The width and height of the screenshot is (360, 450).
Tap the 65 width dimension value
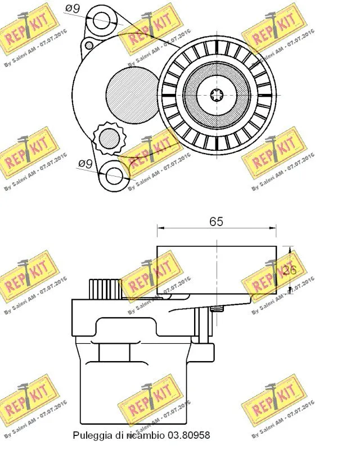(217, 221)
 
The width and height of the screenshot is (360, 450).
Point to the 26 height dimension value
(289, 270)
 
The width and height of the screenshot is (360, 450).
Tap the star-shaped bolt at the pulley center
(217, 93)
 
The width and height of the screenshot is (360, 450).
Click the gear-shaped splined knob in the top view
(108, 138)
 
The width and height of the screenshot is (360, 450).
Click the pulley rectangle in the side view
(217, 270)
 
